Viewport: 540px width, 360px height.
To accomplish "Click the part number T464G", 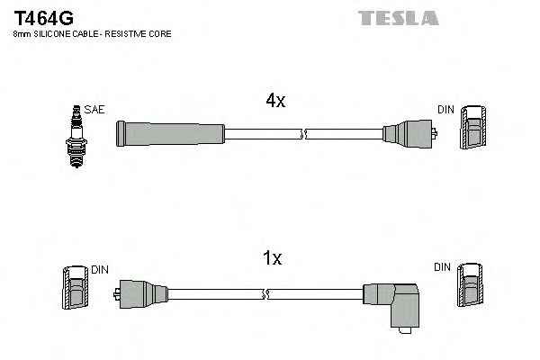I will pos(43,16).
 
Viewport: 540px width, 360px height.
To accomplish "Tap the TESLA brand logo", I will pos(398,17).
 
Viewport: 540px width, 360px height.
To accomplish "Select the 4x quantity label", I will pos(274,102).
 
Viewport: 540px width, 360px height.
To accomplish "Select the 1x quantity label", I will pos(272,258).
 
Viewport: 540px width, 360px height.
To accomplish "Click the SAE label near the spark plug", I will pos(95,110).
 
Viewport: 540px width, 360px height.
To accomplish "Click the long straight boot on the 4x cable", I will pos(169,134).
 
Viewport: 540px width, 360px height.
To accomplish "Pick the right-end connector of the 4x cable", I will pos(409,134).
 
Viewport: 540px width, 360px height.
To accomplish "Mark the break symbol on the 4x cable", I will pos(303,135).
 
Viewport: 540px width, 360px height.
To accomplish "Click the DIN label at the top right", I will pos(446,110).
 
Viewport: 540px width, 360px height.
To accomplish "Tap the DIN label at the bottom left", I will pos(99,269).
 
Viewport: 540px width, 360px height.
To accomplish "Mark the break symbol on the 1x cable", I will pos(266,292).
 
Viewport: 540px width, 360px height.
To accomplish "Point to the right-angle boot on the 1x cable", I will pos(393,301).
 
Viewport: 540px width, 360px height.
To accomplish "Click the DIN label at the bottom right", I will pos(442,267).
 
